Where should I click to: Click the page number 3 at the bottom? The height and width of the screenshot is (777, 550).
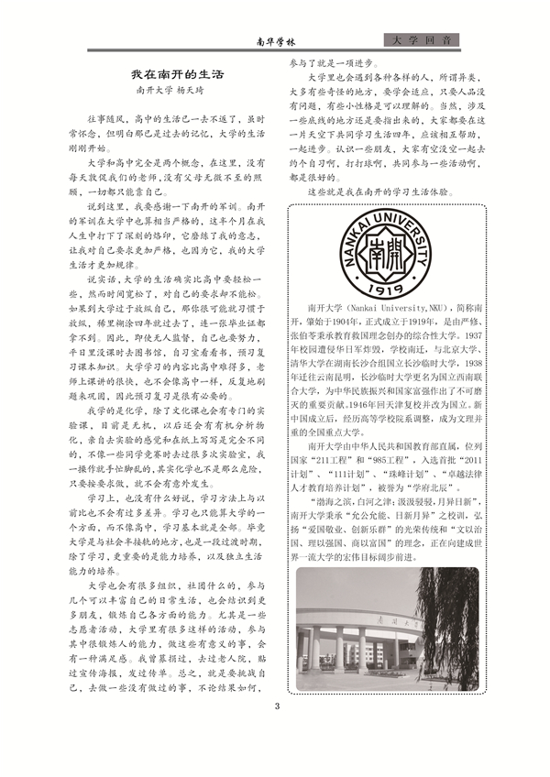[276, 706]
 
